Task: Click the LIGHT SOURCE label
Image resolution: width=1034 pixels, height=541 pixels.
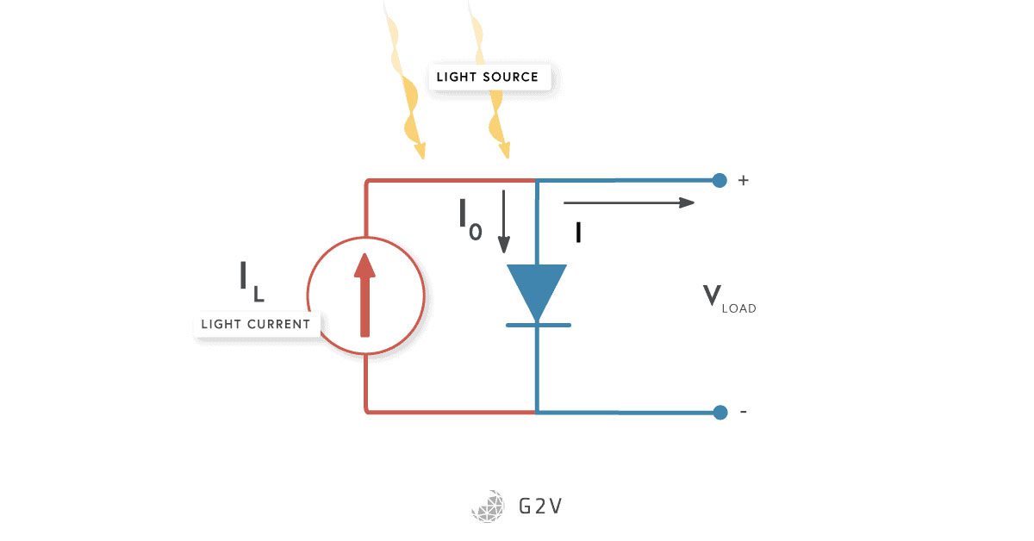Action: pos(488,77)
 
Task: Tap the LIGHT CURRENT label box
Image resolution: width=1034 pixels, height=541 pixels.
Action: pos(255,325)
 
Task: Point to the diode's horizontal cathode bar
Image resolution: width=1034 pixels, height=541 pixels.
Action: pos(538,325)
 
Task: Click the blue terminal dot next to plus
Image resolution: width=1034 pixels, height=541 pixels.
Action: pos(720,180)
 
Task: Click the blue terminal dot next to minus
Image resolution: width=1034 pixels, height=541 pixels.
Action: pos(720,412)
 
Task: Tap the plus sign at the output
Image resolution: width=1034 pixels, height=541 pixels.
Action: pos(744,181)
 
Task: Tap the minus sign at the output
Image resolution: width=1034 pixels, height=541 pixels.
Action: pos(744,412)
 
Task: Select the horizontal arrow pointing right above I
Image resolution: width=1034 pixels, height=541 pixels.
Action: pos(629,202)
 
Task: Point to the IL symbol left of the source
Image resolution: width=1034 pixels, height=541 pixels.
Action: pos(251,281)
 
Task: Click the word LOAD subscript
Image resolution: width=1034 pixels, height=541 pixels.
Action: pos(739,308)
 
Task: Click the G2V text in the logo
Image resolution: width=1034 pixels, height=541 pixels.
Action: pos(539,506)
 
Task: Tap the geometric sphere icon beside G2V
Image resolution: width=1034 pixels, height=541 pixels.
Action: pos(489,506)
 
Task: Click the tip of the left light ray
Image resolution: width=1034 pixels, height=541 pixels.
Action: pos(420,155)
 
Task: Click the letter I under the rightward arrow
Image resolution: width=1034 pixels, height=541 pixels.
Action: pos(578,232)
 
